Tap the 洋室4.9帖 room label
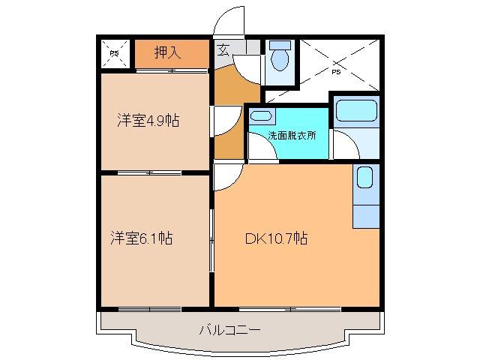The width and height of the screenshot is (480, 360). coord(148,120)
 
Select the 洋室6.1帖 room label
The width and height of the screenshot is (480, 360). coord(142,238)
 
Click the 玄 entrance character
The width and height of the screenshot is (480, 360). coord(223,51)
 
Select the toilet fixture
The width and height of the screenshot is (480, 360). coord(280,57)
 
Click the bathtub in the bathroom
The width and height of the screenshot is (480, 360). coord(355,111)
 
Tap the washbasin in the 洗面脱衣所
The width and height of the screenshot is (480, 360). coord(260,115)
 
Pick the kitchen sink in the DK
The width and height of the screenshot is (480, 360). coord(365,178)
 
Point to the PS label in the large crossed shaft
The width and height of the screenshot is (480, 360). coord(335,72)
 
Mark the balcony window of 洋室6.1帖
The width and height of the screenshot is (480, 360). coord(150,308)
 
